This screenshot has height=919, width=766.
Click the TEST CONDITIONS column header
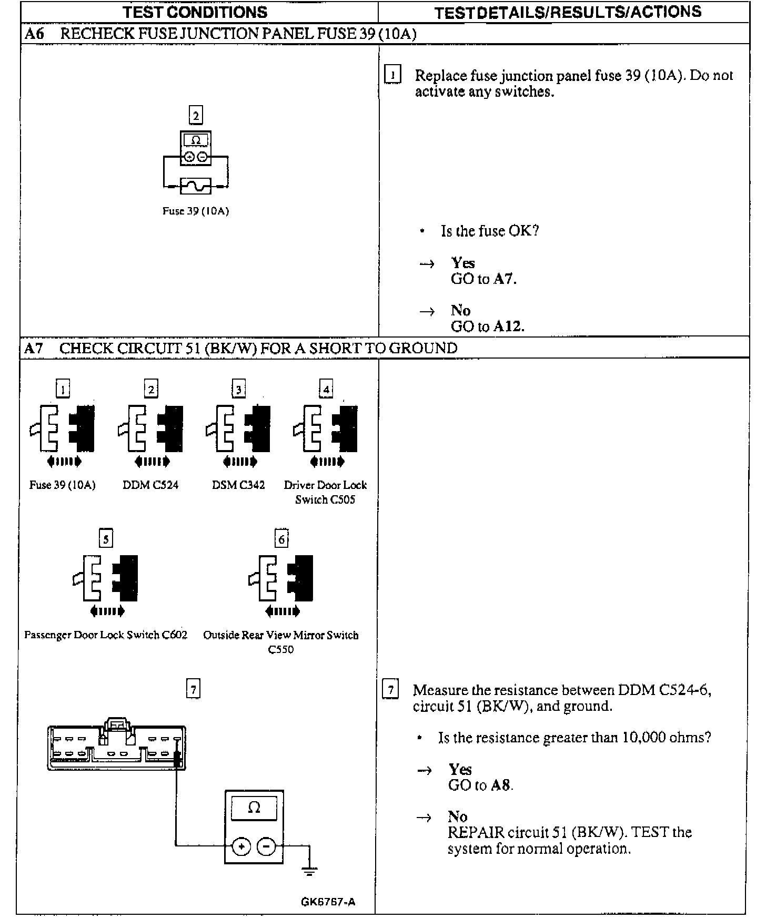[x=195, y=12]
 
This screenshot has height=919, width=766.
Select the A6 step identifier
[x=34, y=34]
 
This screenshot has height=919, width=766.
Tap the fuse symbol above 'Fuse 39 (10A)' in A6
[x=196, y=186]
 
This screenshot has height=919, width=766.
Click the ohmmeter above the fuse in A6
[x=196, y=148]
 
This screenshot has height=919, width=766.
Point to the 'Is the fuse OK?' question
[x=489, y=231]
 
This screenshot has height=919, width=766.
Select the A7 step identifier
[x=34, y=348]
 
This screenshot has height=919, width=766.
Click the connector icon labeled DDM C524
[x=151, y=428]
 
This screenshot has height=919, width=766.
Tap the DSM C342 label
[x=238, y=485]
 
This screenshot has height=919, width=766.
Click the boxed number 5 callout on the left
[x=106, y=539]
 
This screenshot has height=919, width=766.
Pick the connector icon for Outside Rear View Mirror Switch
[x=281, y=578]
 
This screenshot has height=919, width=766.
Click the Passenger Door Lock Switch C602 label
[x=106, y=635]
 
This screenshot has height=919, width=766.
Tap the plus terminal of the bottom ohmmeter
[x=241, y=846]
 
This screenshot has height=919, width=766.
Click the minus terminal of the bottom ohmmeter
[x=266, y=846]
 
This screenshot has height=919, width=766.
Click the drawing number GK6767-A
[x=328, y=902]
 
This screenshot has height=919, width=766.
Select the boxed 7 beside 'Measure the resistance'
[x=390, y=689]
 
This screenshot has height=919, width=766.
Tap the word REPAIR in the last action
[x=476, y=833]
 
